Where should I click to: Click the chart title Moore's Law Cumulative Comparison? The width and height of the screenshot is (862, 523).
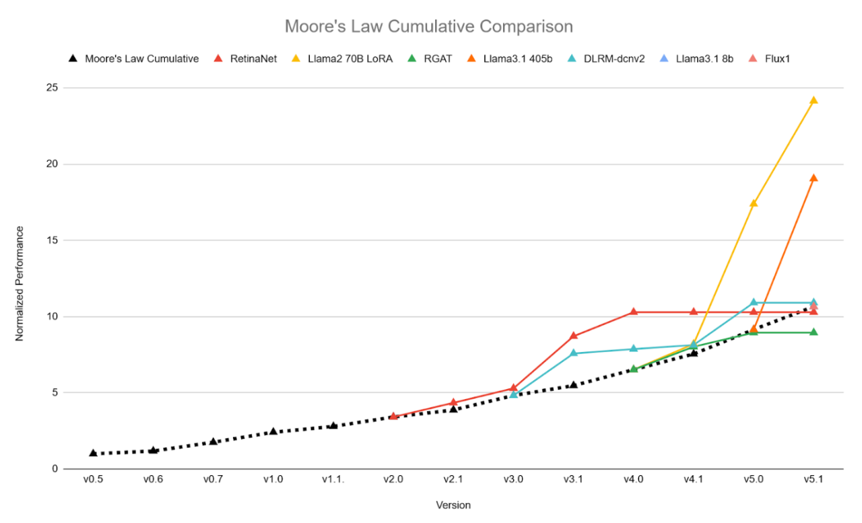tap(428, 26)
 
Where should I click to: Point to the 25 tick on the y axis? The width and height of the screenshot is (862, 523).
tap(51, 88)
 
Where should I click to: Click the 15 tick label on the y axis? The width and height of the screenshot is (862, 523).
tap(51, 240)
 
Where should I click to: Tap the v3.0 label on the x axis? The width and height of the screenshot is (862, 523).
tap(513, 479)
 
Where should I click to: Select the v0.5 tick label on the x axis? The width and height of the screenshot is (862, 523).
tap(93, 479)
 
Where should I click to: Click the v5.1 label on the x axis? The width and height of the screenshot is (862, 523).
tap(814, 479)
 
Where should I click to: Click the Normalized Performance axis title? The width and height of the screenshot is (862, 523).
tap(20, 283)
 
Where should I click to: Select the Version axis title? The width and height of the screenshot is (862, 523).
tap(453, 505)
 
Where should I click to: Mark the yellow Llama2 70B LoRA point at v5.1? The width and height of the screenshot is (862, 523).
tap(814, 100)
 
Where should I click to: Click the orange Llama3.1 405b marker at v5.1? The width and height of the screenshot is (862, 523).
tap(814, 178)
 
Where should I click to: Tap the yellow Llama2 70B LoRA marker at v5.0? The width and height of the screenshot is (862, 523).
tap(754, 203)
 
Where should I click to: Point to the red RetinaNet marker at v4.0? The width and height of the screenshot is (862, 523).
tap(633, 312)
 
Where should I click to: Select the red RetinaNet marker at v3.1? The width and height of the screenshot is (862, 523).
tap(573, 336)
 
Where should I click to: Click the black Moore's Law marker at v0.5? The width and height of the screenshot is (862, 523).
tap(93, 453)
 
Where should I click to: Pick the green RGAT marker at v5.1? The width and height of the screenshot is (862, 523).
tap(814, 332)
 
